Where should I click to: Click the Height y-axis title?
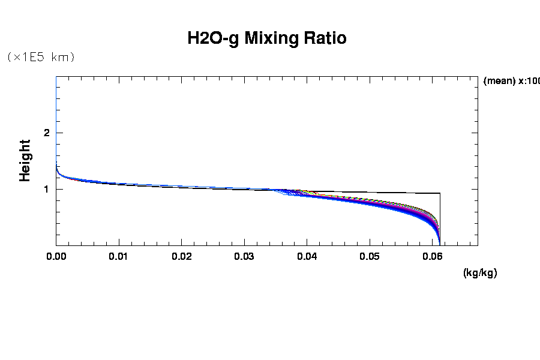pos(25,160)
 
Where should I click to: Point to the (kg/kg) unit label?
pos(480,273)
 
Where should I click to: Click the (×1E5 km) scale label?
pos(40,58)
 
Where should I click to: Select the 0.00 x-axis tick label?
pos(56,257)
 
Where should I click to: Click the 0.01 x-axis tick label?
pos(119,257)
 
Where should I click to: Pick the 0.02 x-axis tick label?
pos(182,257)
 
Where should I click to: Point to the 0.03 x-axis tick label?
pos(244,257)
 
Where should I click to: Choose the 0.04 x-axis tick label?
pos(307,257)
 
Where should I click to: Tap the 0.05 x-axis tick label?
pos(370,257)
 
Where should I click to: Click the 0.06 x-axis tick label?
pos(433,257)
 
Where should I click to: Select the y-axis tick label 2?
pos(46,133)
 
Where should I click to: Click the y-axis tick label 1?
pos(46,189)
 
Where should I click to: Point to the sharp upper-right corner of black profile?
pos(440,193)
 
